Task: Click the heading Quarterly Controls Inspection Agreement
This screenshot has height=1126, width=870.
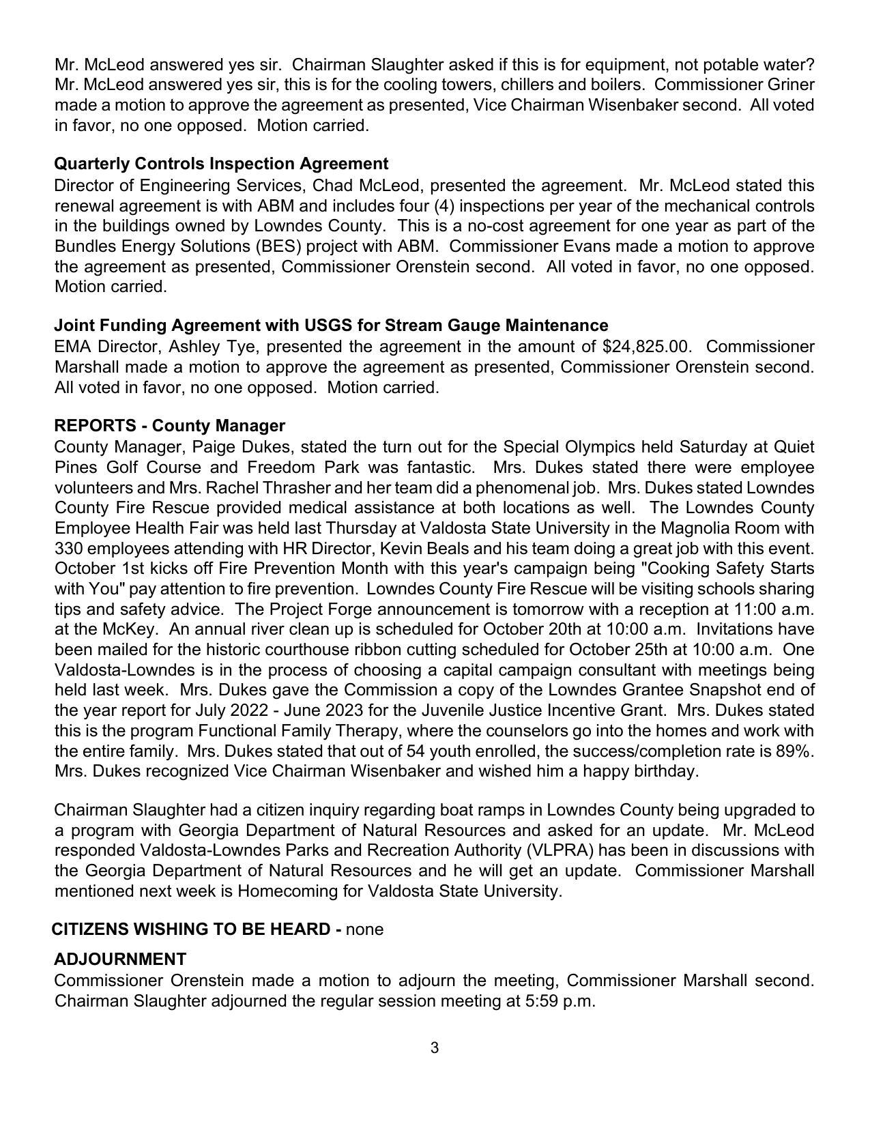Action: tap(221, 164)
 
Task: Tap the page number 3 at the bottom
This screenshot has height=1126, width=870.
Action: tap(435, 1048)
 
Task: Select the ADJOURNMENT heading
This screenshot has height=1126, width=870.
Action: tap(120, 959)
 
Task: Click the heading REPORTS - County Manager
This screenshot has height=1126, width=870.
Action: tap(169, 426)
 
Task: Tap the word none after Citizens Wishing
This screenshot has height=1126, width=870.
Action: tap(365, 929)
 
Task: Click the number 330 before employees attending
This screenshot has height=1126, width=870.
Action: tap(68, 549)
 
